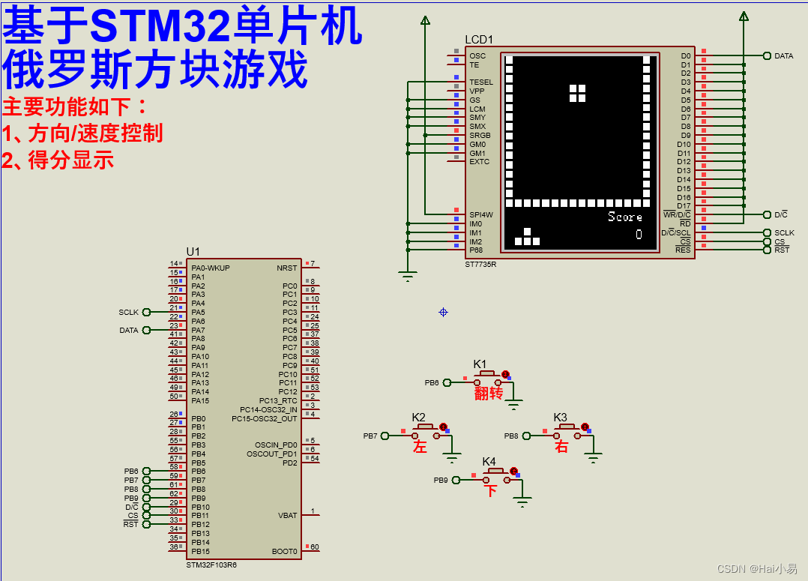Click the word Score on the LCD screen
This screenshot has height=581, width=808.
pyautogui.click(x=624, y=217)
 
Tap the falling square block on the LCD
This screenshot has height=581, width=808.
pyautogui.click(x=577, y=92)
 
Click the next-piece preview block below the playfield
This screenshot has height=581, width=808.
pyautogui.click(x=527, y=238)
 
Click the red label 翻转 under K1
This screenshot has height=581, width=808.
pyautogui.click(x=488, y=394)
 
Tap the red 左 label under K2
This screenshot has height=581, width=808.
pyautogui.click(x=420, y=447)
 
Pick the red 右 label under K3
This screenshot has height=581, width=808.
pyautogui.click(x=561, y=447)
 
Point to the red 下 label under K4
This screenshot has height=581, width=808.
pyautogui.click(x=490, y=491)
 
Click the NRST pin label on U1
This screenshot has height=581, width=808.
pyautogui.click(x=286, y=268)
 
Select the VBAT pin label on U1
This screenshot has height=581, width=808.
pyautogui.click(x=288, y=515)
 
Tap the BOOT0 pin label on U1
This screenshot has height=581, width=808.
pyautogui.click(x=285, y=551)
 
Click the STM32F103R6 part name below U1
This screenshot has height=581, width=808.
pyautogui.click(x=211, y=565)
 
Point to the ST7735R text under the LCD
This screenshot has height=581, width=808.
pyautogui.click(x=481, y=264)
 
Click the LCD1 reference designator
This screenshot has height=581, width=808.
pyautogui.click(x=479, y=39)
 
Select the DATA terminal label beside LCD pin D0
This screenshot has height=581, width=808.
pyautogui.click(x=783, y=56)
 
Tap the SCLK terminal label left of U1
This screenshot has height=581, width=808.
pyautogui.click(x=128, y=313)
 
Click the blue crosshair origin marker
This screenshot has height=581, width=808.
pyautogui.click(x=443, y=312)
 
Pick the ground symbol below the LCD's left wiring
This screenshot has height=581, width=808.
pyautogui.click(x=408, y=276)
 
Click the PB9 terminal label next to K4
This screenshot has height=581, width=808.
pyautogui.click(x=441, y=480)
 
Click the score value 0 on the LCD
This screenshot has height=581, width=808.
pyautogui.click(x=639, y=235)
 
